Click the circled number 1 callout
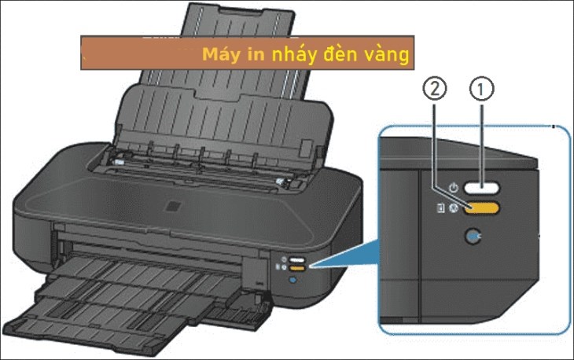(x=481, y=90)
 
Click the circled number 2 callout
(x=435, y=90)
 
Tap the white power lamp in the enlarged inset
(x=482, y=189)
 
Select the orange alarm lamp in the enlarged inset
(x=482, y=208)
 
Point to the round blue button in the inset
(x=473, y=237)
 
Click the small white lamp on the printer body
(x=297, y=260)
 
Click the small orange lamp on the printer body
(x=297, y=268)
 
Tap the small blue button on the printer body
(x=293, y=280)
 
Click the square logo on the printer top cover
(x=173, y=206)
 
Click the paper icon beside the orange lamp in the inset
(x=441, y=208)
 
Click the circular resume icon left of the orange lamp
(x=454, y=208)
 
